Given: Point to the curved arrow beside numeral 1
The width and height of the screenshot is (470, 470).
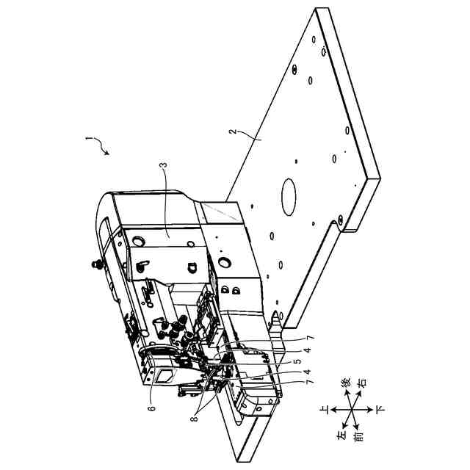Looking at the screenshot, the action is (x=101, y=148).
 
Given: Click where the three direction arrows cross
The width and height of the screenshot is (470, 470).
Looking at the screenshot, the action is (x=351, y=409).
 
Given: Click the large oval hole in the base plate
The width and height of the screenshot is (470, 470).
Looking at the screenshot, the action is (x=287, y=195).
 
